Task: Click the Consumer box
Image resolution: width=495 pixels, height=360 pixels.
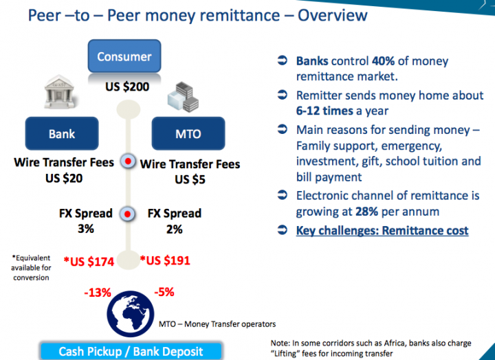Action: tap(124, 56)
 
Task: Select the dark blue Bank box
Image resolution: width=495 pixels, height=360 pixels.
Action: tap(62, 133)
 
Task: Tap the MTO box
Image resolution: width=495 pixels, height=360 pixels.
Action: tap(188, 133)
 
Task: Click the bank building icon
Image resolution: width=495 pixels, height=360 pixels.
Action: tap(59, 91)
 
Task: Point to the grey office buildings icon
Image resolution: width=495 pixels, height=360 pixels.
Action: tap(183, 97)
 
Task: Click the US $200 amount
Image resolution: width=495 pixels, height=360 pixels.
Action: tap(127, 87)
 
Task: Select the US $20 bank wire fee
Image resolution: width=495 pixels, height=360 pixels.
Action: tap(64, 178)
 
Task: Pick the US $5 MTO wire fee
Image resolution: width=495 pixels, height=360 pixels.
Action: tap(190, 179)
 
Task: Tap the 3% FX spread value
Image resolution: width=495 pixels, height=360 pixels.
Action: tap(86, 229)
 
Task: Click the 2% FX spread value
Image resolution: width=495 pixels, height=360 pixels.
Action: tap(174, 229)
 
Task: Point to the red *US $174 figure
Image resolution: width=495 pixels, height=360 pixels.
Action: tap(89, 262)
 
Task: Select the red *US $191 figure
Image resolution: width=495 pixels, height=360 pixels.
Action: tap(165, 260)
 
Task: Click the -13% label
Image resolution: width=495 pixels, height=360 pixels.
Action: tap(98, 293)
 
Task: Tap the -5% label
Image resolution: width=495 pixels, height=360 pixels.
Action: tap(164, 292)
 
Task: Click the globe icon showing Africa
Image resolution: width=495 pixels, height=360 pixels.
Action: tap(131, 314)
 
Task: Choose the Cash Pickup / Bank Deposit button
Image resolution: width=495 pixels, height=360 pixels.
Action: tap(131, 351)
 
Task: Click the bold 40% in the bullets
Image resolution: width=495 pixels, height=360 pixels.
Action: tap(383, 61)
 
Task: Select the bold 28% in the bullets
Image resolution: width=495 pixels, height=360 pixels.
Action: tap(367, 212)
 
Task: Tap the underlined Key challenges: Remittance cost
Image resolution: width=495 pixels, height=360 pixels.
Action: tap(382, 231)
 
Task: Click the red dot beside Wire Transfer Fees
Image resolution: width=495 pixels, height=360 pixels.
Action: tap(128, 161)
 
